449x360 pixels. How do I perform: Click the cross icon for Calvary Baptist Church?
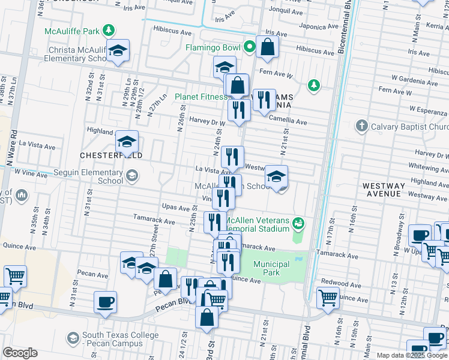[x=361, y=126]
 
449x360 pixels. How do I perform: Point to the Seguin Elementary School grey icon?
[x=131, y=176]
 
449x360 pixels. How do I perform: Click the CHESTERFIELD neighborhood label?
[x=111, y=155]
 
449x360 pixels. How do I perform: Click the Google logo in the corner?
[x=20, y=353]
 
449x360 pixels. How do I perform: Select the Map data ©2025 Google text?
[x=411, y=355]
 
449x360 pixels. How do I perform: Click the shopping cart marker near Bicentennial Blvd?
[x=327, y=297]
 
